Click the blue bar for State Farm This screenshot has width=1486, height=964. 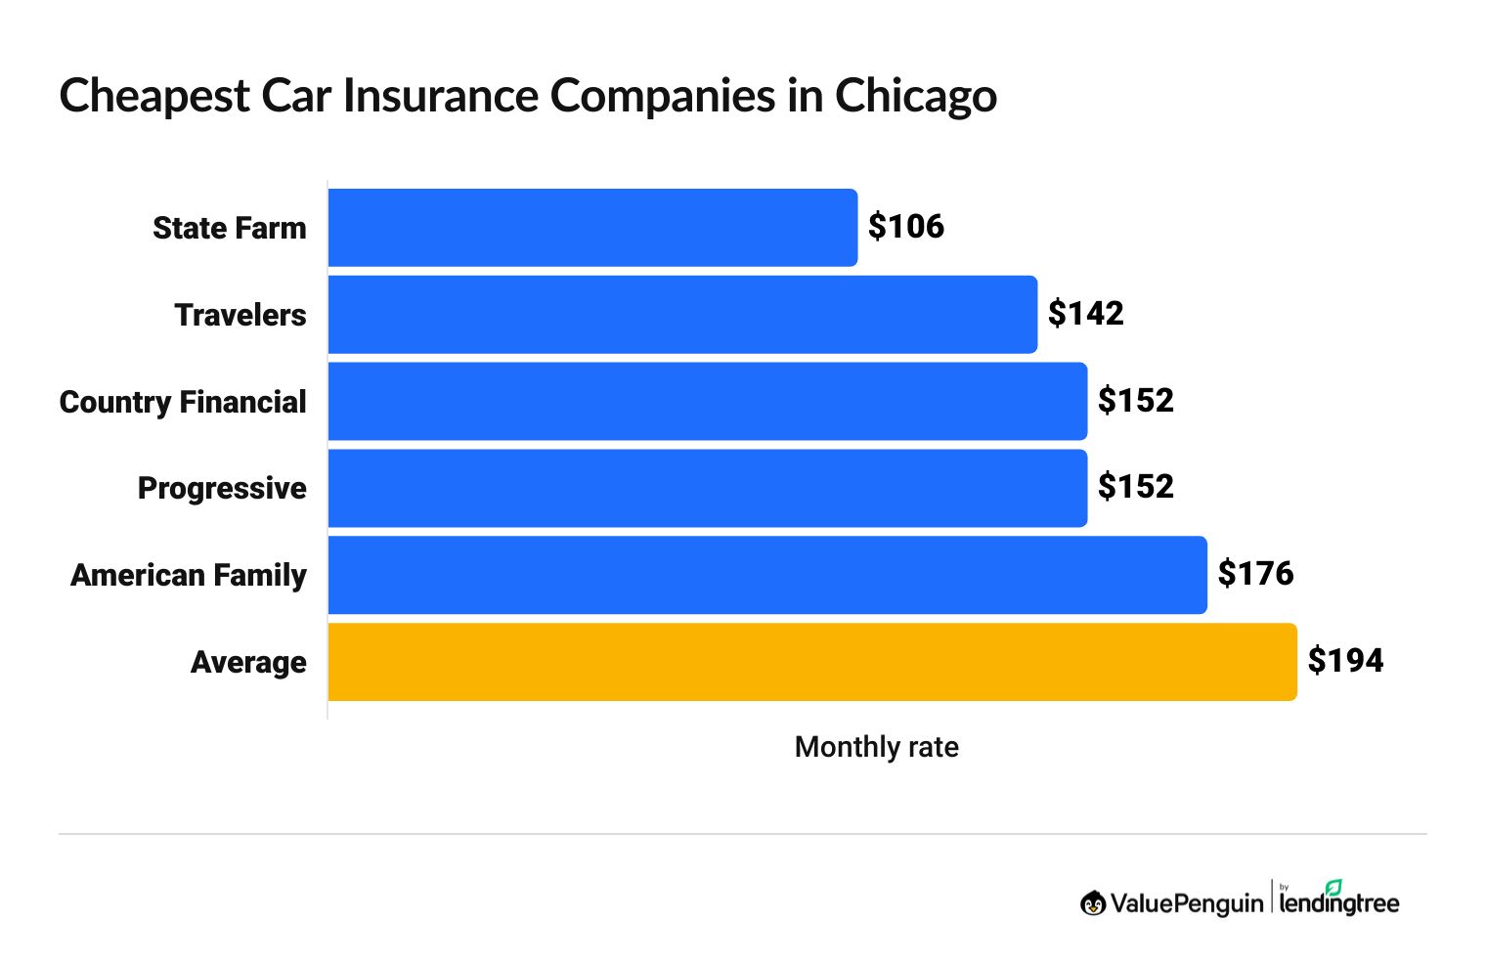pos(592,228)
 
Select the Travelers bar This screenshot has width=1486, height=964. pos(682,315)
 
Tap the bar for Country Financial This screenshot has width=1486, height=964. pos(707,401)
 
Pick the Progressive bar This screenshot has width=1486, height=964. pos(707,488)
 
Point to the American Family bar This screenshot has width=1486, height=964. pos(767,575)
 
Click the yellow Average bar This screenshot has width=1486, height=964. pos(812,662)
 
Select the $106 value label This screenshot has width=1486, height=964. pos(906,227)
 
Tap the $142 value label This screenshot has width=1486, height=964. pos(1085,314)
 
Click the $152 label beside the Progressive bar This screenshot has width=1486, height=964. pos(1135,487)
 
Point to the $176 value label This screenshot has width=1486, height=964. pos(1255,574)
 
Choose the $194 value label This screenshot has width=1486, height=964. pos(1345,661)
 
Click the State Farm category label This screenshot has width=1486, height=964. pos(230,228)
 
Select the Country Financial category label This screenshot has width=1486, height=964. pos(183,402)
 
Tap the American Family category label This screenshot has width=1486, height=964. pos(189,575)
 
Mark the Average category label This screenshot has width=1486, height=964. pos(248,662)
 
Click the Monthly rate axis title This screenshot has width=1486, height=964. pos(876,747)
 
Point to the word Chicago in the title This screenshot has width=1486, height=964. pos(915,97)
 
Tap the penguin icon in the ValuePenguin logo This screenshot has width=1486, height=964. pos(1093,903)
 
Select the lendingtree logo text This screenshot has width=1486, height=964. pos(1338,902)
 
